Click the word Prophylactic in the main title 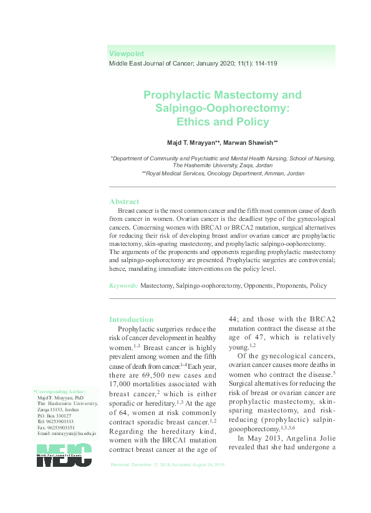coord(177,95)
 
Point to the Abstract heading coord(124,202)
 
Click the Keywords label coord(123,285)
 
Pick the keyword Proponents coord(286,285)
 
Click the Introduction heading coord(131,320)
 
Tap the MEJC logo coord(64,456)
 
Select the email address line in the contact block coord(66,433)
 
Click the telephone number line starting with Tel coord(59,421)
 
